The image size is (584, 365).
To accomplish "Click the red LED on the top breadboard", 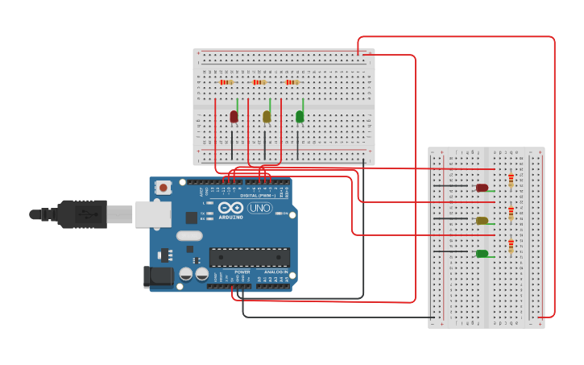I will coord(234,117).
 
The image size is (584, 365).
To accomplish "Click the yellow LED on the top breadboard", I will coord(267,117).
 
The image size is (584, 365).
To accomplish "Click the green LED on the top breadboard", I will coord(300,117).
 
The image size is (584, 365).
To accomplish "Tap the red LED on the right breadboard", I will coord(482,188).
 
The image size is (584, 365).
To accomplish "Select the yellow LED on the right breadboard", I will coord(482,221).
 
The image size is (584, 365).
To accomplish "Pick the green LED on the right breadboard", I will coord(482,254).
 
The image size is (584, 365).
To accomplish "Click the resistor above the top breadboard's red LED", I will coord(226,82).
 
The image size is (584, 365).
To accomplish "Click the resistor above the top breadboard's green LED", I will coord(292,82).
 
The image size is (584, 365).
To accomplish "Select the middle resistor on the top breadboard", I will coord(259,82).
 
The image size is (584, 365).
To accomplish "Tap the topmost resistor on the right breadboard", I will coord(511,180).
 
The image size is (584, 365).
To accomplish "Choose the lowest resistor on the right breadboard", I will coord(511,247).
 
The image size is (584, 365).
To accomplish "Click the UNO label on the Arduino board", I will coord(259,208).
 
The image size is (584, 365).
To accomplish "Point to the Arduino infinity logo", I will coord(230,208).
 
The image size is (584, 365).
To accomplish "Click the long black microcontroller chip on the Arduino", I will coord(250,257).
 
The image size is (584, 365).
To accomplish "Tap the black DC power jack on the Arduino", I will coord(159,276).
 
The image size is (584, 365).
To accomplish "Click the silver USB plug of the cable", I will coord(119,214).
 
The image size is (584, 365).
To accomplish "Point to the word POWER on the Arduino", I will coord(242,272).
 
